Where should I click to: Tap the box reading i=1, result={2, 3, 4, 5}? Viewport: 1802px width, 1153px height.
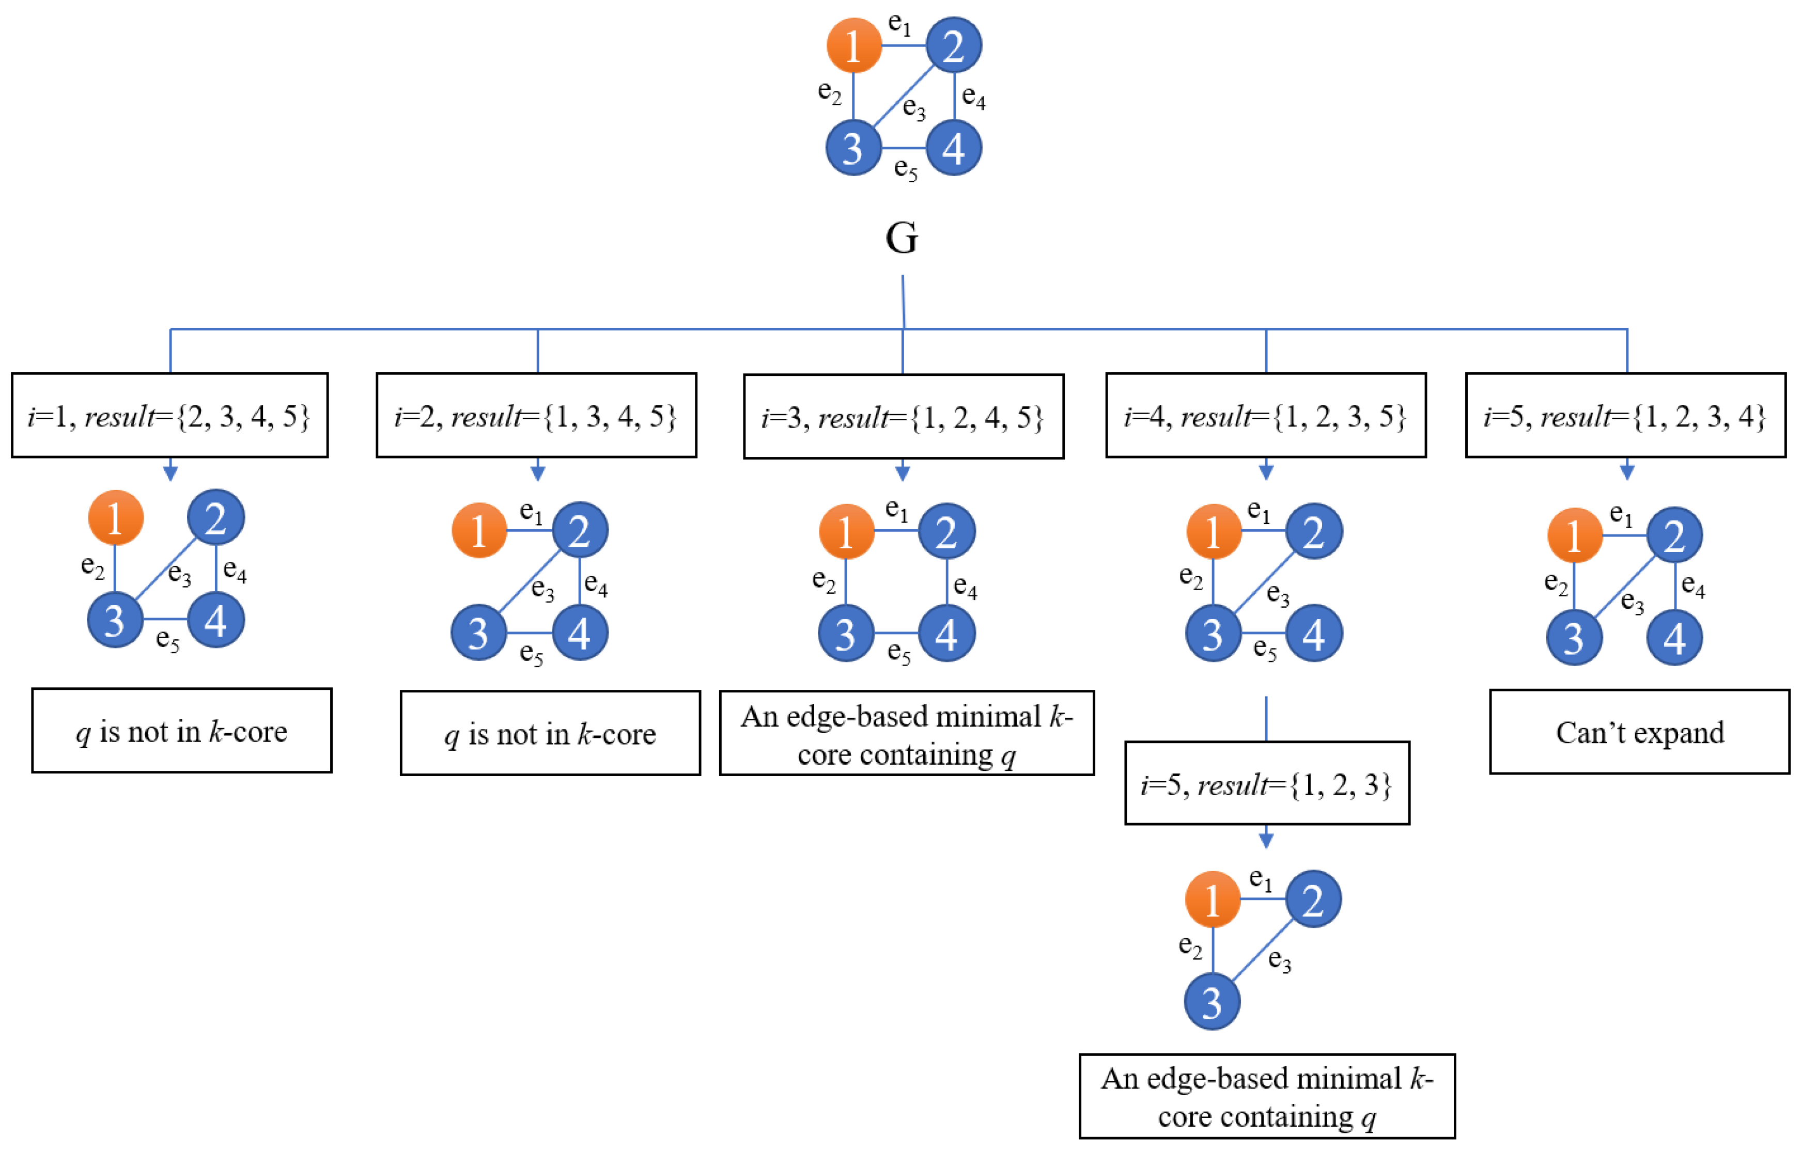click(x=170, y=416)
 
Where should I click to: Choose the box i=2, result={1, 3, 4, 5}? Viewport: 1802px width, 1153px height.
click(x=536, y=416)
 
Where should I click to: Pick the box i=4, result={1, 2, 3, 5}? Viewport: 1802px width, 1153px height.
click(x=1266, y=416)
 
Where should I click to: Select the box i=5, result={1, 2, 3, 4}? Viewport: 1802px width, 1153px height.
click(x=1625, y=416)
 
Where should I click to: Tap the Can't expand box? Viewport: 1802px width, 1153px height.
click(x=1639, y=732)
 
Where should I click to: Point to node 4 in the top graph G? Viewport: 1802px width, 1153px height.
click(x=953, y=148)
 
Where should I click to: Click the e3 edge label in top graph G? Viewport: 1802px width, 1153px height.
click(x=914, y=108)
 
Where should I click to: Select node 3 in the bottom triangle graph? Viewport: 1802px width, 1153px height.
click(x=1212, y=1002)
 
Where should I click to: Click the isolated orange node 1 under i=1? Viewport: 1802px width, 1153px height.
click(x=115, y=517)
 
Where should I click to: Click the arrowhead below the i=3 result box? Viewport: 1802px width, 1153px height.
click(x=903, y=472)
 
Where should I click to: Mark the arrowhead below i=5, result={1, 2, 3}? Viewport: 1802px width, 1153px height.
click(x=1266, y=840)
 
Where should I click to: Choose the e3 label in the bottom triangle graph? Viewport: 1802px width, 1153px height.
click(x=1279, y=960)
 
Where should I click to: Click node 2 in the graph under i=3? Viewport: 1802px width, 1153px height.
click(x=946, y=532)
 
